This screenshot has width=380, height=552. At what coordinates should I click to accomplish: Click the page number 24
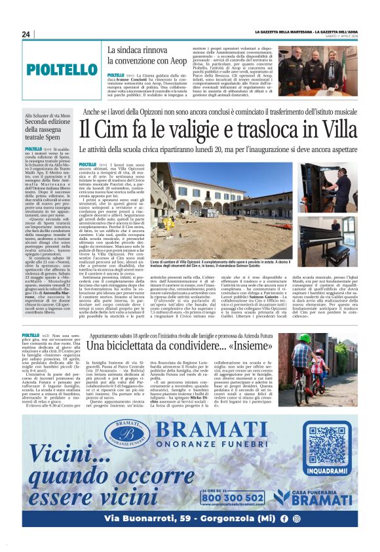coord(26,35)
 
